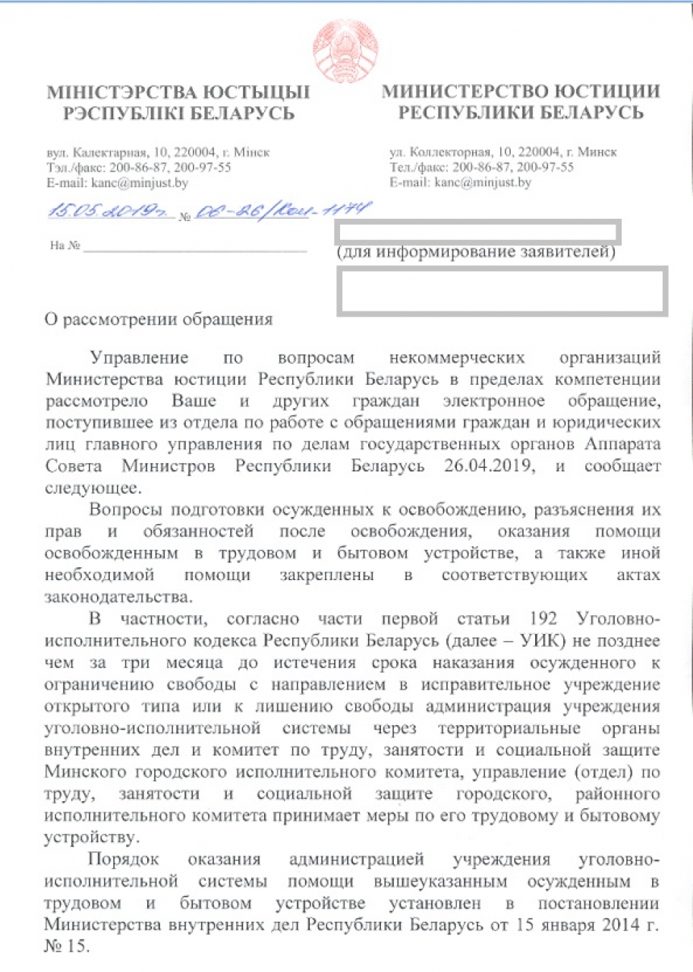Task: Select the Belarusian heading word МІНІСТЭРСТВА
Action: pos(115,93)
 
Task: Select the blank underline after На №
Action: pos(197,248)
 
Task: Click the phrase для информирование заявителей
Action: pos(475,251)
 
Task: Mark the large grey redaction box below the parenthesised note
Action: pos(502,290)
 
